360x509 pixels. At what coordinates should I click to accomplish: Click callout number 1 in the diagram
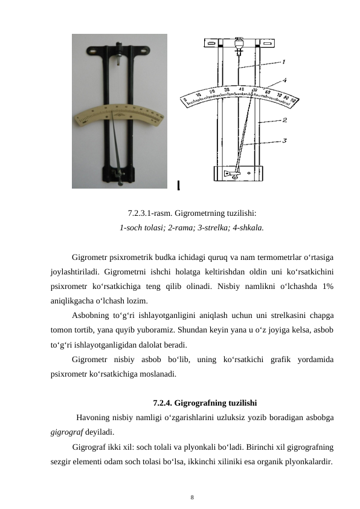(x=284, y=61)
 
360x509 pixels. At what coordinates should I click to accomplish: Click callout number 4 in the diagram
(x=284, y=79)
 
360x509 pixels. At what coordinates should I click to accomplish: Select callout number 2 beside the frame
(x=284, y=120)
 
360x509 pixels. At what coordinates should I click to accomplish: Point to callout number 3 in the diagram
(x=284, y=140)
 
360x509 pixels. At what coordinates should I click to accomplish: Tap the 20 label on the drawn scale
(x=211, y=91)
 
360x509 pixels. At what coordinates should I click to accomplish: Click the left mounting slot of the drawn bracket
(x=211, y=44)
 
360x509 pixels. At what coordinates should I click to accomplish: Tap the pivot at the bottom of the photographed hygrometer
(x=124, y=177)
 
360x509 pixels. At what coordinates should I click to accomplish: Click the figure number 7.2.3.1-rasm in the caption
(x=151, y=213)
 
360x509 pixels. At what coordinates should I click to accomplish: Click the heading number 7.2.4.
(x=164, y=403)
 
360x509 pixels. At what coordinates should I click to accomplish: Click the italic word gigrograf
(x=65, y=432)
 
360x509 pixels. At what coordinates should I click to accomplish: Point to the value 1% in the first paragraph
(x=329, y=286)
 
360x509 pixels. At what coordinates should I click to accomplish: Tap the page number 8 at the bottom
(x=192, y=498)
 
